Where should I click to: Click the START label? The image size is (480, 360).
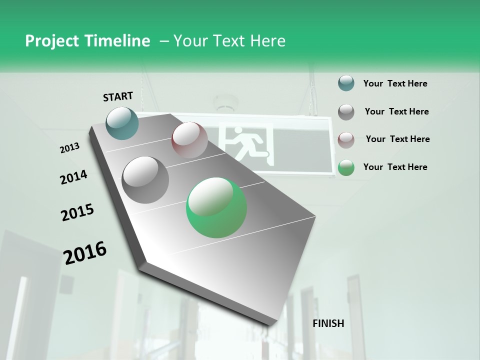(x=118, y=96)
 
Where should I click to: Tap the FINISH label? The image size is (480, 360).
(x=328, y=323)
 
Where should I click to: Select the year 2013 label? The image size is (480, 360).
(x=70, y=148)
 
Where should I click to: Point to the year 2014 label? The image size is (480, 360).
(x=73, y=177)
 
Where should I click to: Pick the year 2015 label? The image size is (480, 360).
(x=77, y=212)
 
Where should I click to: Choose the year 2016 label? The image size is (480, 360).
(x=85, y=252)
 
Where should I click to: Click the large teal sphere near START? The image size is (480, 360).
(x=122, y=122)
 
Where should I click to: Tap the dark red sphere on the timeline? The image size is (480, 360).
(x=189, y=140)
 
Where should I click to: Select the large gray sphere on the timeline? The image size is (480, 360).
(x=145, y=179)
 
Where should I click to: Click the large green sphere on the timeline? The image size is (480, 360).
(x=216, y=207)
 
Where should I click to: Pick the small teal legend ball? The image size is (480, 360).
(x=346, y=83)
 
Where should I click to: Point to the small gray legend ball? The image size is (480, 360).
(x=346, y=112)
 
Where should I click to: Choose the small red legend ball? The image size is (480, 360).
(x=346, y=139)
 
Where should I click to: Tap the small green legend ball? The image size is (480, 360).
(x=346, y=167)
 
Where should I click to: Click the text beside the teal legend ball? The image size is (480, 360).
(x=395, y=83)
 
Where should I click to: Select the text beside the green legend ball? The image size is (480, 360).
(x=395, y=167)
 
